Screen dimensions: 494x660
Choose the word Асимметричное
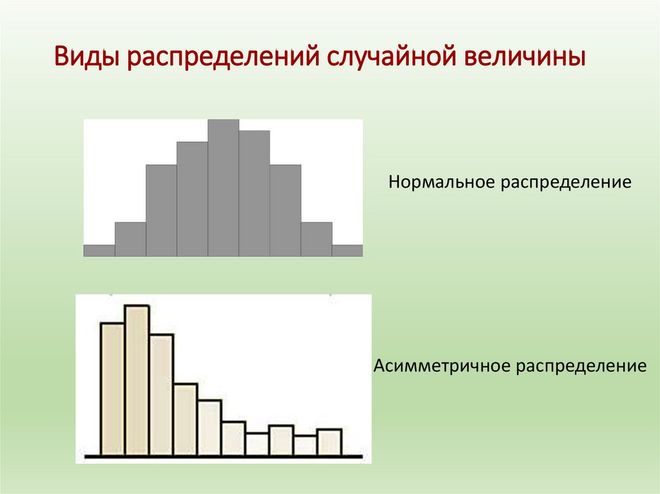pos(442,367)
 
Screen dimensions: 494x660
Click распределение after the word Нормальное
pos(564,184)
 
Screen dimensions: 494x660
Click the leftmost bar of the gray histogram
pos(99,251)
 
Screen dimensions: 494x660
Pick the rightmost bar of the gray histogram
pos(347,251)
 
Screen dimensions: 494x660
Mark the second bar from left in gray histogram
pos(130,240)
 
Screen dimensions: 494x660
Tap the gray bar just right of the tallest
pos(254,193)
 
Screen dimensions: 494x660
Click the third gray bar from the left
pos(161,211)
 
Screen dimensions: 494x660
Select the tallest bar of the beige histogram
pos(137,380)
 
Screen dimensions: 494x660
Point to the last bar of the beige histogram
pos(329,442)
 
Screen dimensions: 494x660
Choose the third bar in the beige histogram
pos(161,395)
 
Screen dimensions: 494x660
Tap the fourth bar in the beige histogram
pos(185,420)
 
